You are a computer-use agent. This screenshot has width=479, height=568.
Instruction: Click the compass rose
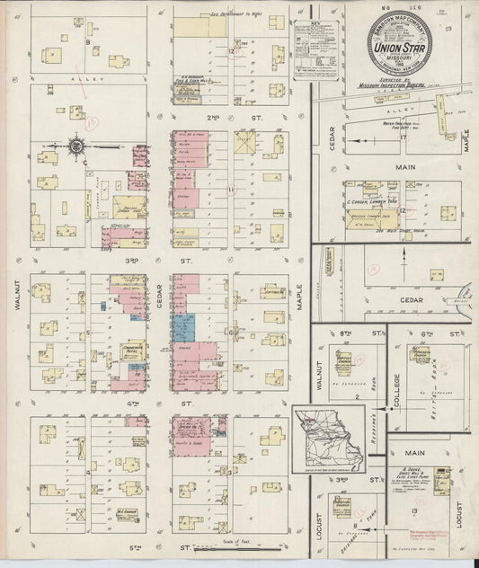point(75,145)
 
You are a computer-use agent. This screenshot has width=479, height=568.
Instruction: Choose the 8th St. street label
point(349,333)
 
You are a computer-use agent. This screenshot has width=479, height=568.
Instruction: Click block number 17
point(404,137)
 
